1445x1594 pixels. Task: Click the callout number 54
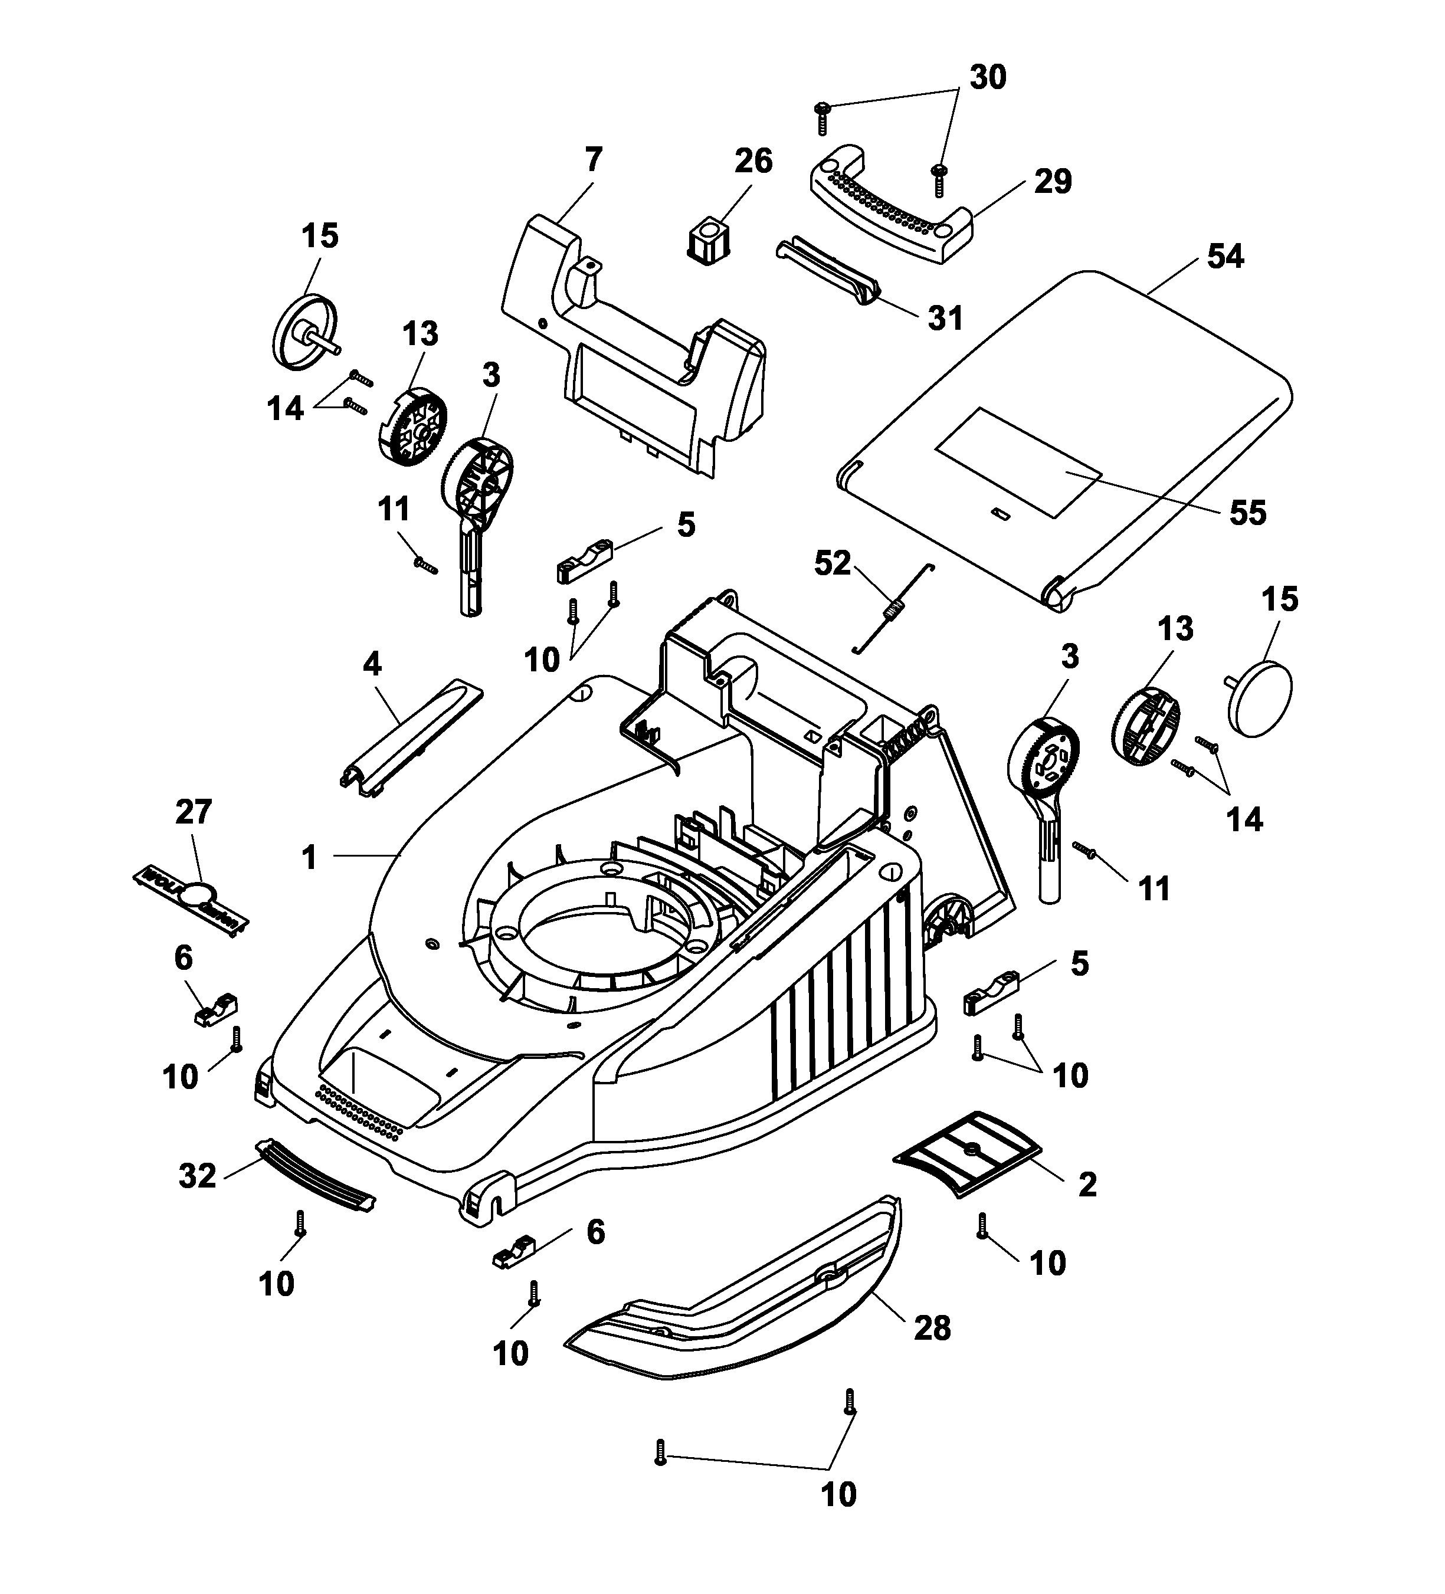click(x=1224, y=257)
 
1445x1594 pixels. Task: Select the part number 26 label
click(x=752, y=161)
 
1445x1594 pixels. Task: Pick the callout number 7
click(x=592, y=161)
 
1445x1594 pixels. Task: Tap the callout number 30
click(x=987, y=77)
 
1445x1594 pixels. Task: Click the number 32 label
click(x=197, y=1176)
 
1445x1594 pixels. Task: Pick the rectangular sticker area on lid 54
click(x=1018, y=463)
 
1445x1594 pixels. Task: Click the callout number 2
click(x=1087, y=1185)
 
